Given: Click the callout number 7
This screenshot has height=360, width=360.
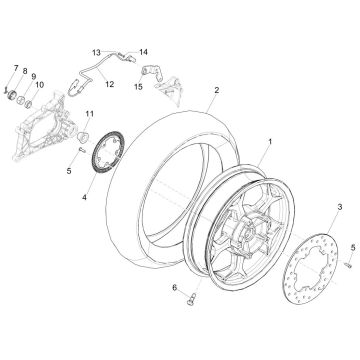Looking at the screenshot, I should [15, 67].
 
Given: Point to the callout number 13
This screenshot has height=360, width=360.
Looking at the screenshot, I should [98, 50].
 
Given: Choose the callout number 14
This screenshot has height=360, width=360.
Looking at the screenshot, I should [143, 50].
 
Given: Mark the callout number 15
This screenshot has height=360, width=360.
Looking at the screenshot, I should [139, 87].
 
